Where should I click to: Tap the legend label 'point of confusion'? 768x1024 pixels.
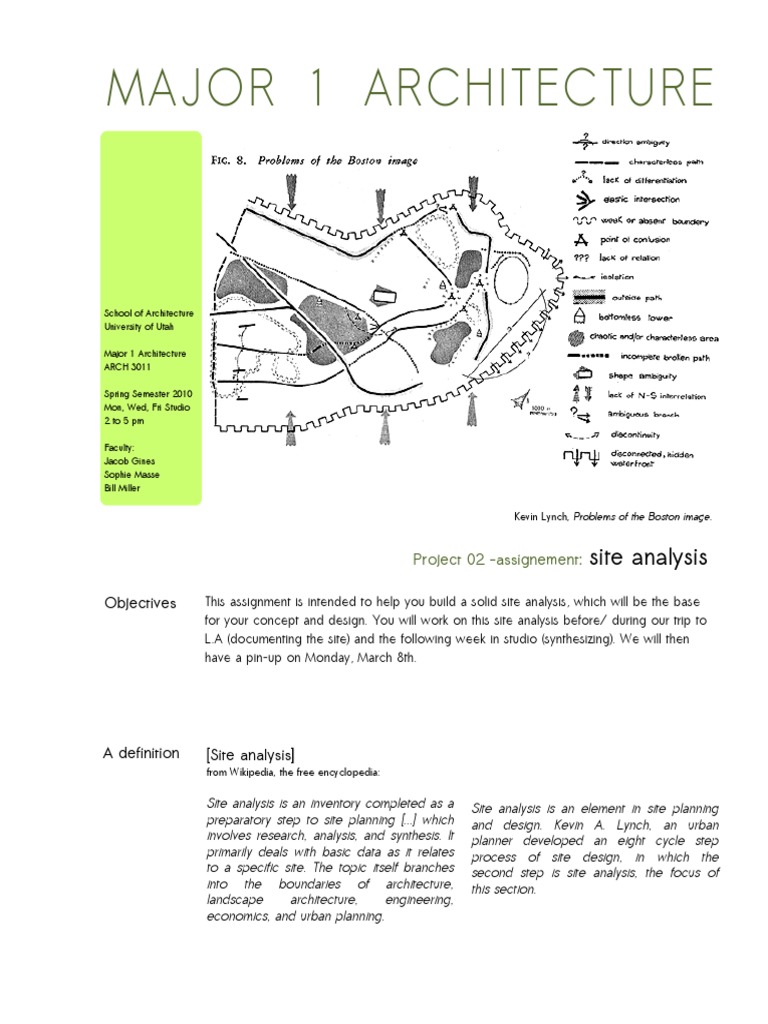(635, 239)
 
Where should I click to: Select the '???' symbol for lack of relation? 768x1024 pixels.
(577, 257)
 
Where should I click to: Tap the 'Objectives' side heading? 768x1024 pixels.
(140, 603)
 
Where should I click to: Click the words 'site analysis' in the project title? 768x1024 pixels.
(649, 556)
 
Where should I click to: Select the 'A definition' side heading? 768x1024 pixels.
(141, 753)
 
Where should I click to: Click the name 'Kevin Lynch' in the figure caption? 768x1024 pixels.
(541, 517)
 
